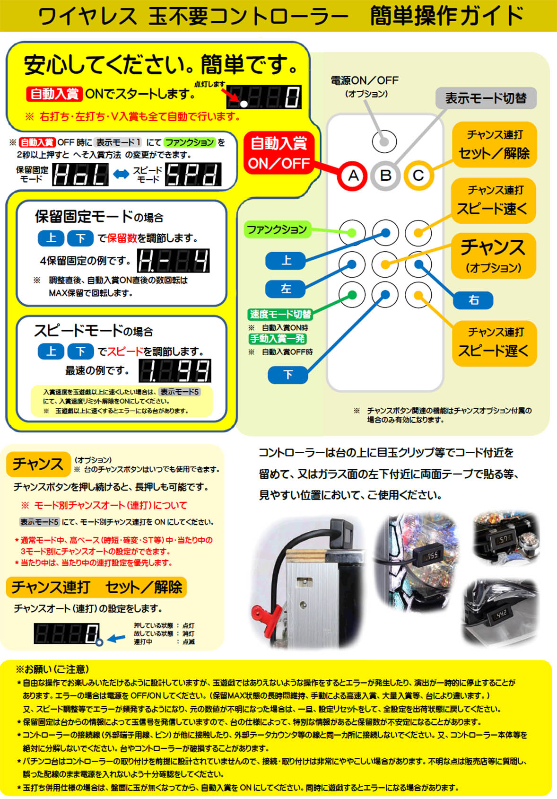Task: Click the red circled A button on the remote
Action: point(353,176)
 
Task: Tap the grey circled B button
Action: point(385,176)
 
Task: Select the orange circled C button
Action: point(418,176)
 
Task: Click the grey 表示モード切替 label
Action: point(486,98)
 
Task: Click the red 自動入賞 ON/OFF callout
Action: point(279,153)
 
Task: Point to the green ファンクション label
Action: point(277,229)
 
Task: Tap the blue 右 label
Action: point(473,299)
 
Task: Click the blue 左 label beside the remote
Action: point(286,288)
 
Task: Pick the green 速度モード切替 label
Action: point(280,314)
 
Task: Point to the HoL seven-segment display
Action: point(80,175)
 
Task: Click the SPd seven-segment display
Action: point(193,175)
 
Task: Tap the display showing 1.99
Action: point(175,370)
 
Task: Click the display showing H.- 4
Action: point(173,261)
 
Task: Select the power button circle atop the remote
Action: point(384,141)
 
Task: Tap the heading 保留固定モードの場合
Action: point(99,217)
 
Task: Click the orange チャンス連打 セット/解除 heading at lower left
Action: point(96,587)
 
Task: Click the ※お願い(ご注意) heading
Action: point(52,669)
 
